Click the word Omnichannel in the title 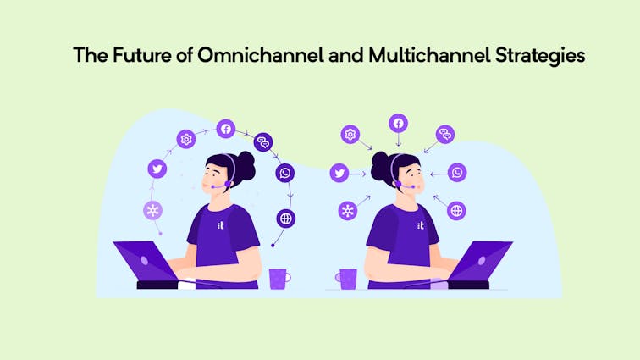coord(261,55)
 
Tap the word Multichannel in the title coord(429,55)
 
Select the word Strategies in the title coord(540,56)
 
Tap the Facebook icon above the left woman coord(226,129)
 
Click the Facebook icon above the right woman coord(399,123)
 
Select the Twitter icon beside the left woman coord(157,169)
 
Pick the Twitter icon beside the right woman coord(339,173)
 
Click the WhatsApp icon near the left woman coord(285,173)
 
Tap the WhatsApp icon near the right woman coord(457,173)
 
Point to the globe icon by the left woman coord(286,219)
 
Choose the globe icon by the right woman coord(456,211)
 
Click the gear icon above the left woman coord(186,140)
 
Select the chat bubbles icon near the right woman coord(445,134)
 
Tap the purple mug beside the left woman coord(279,279)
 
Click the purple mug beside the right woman coord(347,279)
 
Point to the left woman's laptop coord(149,265)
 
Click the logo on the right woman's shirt coord(421,225)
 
